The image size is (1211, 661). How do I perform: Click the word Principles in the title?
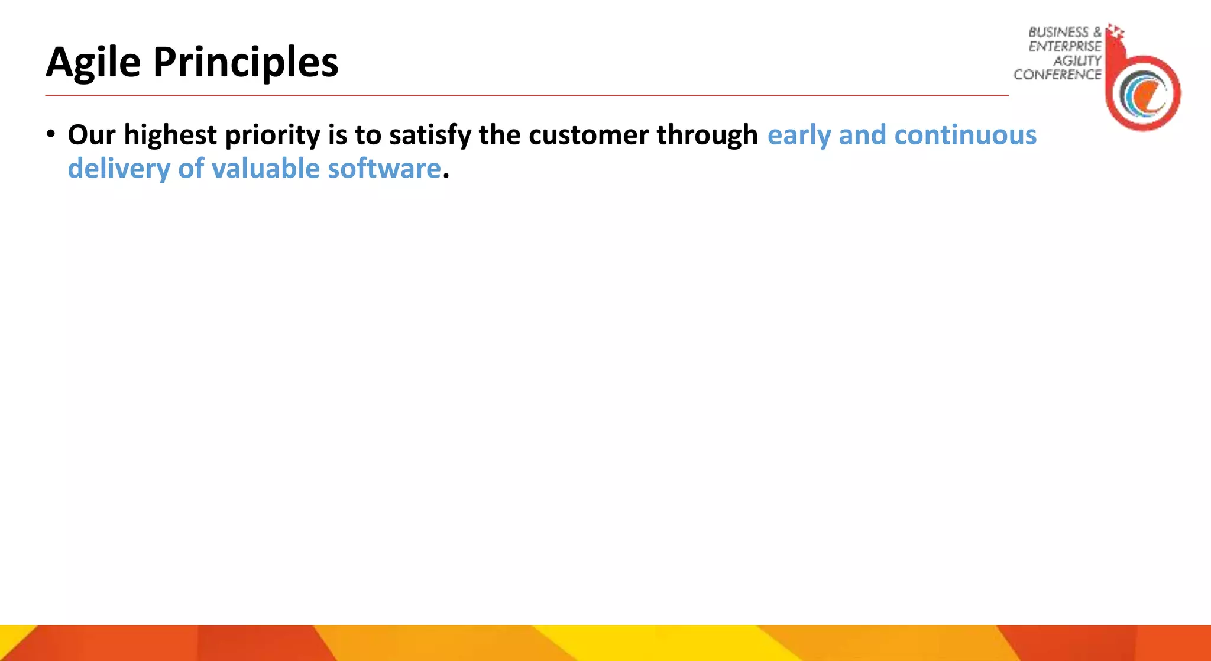point(245,63)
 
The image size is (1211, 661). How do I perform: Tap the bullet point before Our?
point(51,134)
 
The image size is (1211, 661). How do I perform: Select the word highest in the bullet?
point(170,136)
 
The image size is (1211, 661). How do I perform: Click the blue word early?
point(798,136)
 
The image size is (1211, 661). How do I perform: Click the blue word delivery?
point(119,169)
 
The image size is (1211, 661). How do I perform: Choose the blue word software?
point(384,169)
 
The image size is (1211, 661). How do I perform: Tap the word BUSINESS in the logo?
point(1058,33)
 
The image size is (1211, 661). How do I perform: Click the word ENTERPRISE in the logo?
point(1064,47)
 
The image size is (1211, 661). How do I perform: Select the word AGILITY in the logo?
point(1077,61)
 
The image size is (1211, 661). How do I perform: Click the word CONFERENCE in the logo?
point(1057,75)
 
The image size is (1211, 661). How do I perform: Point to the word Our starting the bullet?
point(91,136)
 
